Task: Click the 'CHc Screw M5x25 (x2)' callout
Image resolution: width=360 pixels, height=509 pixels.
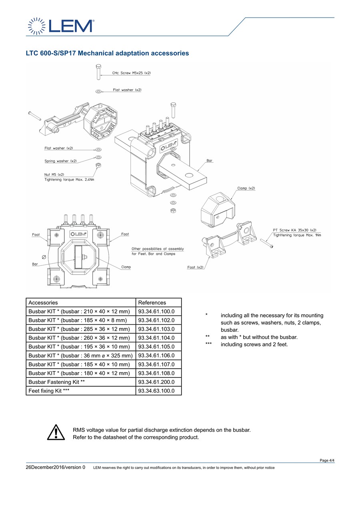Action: [131, 73]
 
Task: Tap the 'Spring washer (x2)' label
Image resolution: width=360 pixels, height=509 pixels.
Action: [60, 161]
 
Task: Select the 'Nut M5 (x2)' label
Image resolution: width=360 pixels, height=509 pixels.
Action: [54, 174]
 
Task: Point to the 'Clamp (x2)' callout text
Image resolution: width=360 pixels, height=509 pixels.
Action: [246, 188]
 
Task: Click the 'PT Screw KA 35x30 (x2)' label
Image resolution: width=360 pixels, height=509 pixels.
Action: [294, 230]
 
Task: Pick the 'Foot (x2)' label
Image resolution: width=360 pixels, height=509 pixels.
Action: [195, 267]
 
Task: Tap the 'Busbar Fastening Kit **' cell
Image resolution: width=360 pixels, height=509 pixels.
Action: [81, 382]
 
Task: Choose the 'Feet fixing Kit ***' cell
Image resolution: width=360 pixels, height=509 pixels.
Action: [81, 391]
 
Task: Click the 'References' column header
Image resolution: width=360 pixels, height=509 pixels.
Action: [152, 303]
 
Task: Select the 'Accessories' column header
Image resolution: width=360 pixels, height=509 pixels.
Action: [43, 303]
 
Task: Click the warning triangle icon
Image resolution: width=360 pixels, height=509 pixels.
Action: [56, 432]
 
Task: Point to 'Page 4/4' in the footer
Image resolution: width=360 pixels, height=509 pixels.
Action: [327, 460]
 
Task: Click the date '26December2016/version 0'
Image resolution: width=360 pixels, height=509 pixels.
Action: [56, 467]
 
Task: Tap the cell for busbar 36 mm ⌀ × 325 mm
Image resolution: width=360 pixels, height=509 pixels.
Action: [81, 355]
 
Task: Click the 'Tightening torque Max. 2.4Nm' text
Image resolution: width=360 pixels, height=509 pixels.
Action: [69, 180]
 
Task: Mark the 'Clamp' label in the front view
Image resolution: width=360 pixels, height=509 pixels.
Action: [126, 267]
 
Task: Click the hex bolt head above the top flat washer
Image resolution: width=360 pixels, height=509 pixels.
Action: [98, 66]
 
